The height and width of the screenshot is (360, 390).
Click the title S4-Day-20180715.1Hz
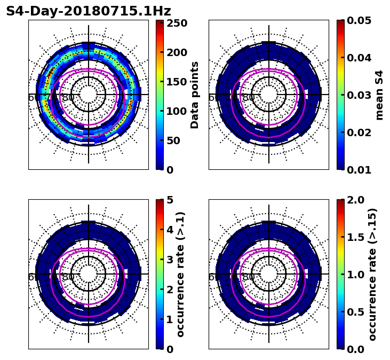point(88,11)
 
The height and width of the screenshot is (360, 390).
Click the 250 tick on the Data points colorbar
point(176,23)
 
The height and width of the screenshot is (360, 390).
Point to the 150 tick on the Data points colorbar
point(176,82)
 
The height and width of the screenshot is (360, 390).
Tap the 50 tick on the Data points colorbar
point(176,140)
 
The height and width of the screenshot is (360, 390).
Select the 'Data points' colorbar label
point(195,95)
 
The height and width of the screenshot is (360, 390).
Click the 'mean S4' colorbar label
point(379,95)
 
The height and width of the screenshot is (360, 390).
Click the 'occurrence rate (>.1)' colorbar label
point(180,274)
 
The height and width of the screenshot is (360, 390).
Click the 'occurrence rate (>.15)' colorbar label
point(372,274)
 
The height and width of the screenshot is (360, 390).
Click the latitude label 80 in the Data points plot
point(68,98)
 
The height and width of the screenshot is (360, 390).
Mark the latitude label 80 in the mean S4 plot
point(249,98)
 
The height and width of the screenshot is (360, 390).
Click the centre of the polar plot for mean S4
point(269,95)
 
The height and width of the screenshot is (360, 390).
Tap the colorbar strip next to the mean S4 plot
point(340,95)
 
